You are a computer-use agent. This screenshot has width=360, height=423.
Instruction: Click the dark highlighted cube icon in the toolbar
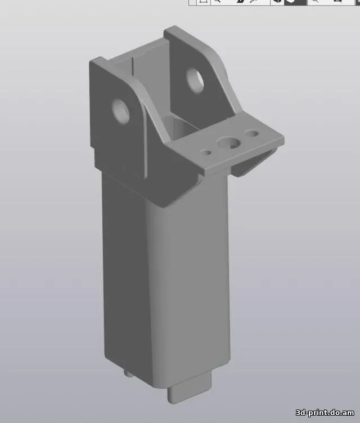pos(291,2)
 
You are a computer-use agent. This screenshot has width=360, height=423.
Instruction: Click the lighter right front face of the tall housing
pos(188,292)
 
